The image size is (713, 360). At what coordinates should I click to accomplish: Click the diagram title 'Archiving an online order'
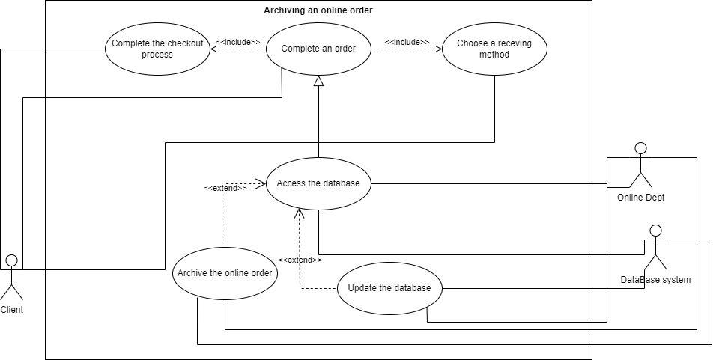click(318, 10)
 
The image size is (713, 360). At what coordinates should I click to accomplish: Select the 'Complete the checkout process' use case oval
click(157, 49)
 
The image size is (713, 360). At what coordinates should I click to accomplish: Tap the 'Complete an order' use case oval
click(318, 49)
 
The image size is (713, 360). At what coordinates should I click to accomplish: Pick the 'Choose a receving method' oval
click(494, 49)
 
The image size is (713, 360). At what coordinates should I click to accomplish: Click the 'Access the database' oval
click(318, 183)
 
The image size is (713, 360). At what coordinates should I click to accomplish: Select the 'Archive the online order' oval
click(225, 273)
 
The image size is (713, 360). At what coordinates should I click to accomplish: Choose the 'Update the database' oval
click(389, 289)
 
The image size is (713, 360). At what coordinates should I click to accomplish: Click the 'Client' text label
click(11, 309)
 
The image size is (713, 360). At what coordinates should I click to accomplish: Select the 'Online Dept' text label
click(640, 197)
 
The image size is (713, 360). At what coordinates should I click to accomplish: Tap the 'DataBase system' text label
click(655, 280)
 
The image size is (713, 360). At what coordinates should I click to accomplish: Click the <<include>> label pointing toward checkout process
click(238, 43)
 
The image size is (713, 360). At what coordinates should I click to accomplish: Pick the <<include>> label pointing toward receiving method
click(407, 43)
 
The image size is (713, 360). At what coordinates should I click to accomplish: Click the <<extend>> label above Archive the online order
click(225, 188)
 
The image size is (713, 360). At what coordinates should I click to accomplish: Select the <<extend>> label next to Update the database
click(300, 260)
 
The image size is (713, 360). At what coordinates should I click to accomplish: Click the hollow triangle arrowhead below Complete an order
click(318, 82)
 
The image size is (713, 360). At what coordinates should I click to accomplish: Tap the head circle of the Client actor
click(11, 260)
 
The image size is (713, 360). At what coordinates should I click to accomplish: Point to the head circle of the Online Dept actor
click(640, 147)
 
